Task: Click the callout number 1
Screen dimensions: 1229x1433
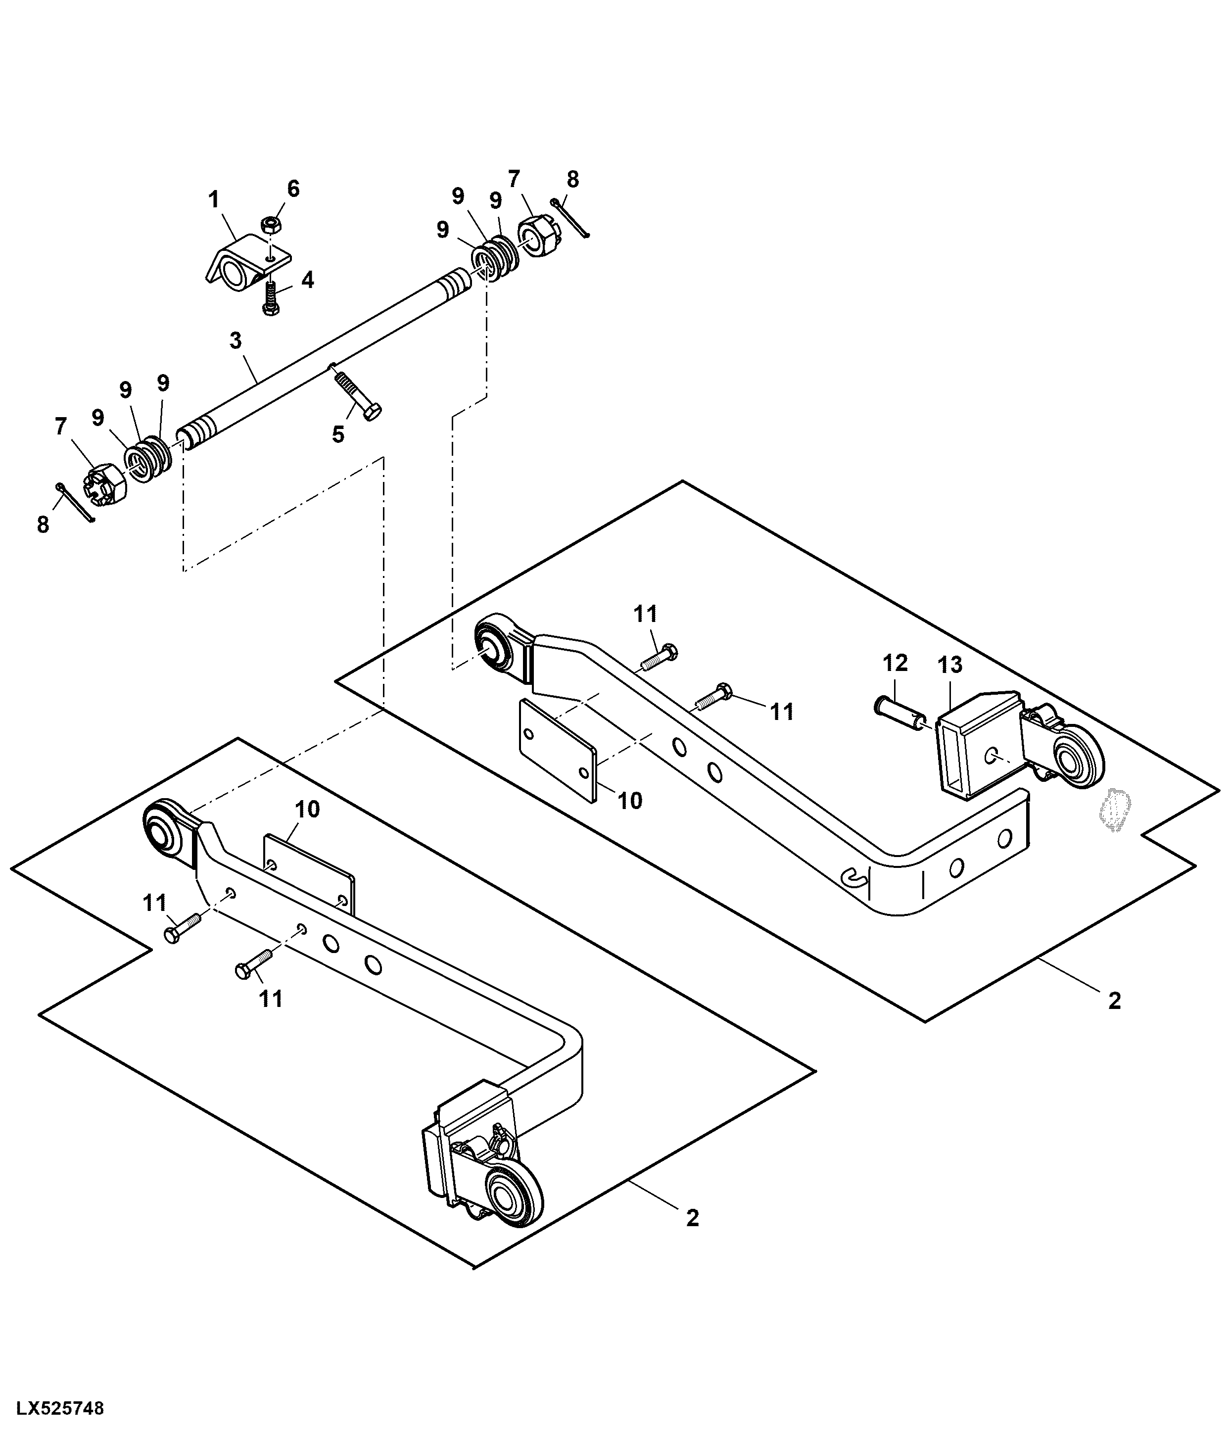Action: click(214, 200)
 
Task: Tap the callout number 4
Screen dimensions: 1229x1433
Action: click(307, 280)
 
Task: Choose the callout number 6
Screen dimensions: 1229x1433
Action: click(294, 189)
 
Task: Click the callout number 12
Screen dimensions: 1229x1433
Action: click(895, 663)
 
